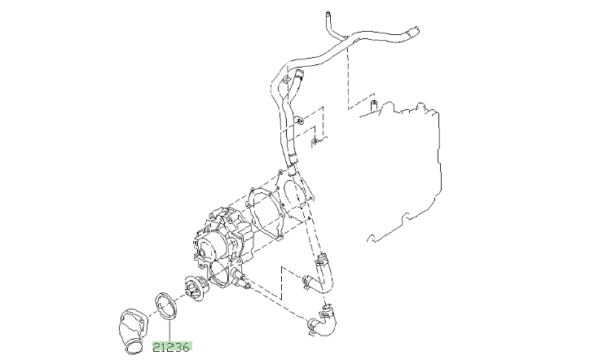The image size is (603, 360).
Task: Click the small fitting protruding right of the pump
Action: click(241, 282)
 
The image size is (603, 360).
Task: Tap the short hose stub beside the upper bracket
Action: click(292, 80)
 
